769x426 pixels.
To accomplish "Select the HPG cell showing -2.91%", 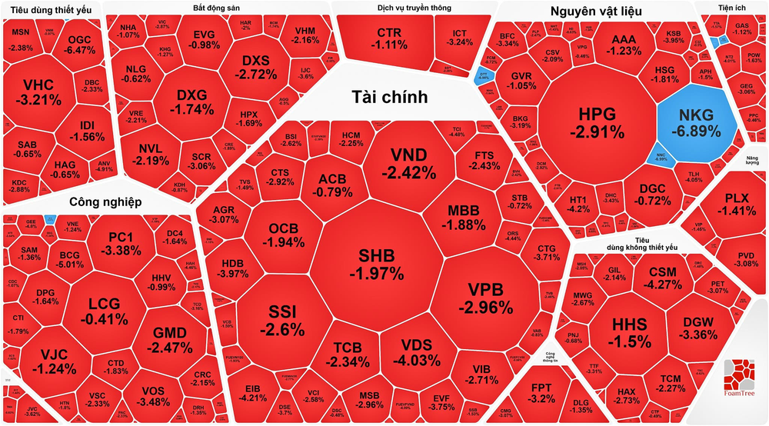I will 597,121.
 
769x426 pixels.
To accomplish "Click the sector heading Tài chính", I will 390,96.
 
